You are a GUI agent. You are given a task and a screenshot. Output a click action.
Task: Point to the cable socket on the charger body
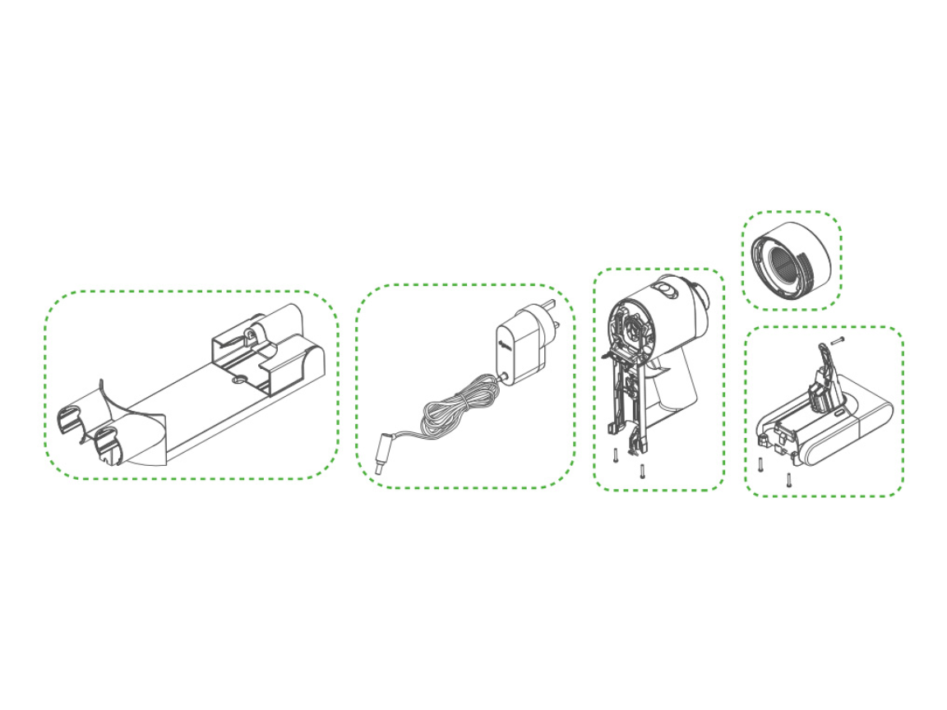[x=501, y=377]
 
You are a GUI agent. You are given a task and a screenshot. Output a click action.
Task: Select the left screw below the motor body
[x=616, y=455]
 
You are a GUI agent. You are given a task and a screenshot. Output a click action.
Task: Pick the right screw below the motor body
[x=642, y=471]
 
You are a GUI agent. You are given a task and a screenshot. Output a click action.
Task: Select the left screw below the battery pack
[x=761, y=464]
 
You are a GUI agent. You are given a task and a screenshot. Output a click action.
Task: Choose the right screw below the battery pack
[x=788, y=479]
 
